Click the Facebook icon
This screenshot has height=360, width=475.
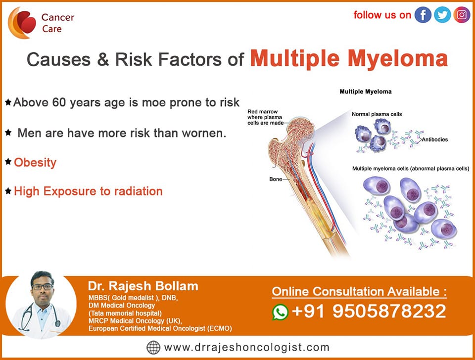(423, 14)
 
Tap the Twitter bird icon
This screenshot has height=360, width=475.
(442, 14)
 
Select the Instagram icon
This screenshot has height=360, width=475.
(462, 14)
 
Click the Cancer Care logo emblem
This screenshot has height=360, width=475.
(22, 23)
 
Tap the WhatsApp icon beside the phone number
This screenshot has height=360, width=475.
(280, 312)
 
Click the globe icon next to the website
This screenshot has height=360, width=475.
(153, 347)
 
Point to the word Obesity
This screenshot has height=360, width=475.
(35, 163)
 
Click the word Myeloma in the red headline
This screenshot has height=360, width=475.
(398, 58)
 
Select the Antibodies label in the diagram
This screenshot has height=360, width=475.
(435, 139)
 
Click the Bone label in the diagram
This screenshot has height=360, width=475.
(276, 179)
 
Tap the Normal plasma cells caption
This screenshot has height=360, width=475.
(377, 114)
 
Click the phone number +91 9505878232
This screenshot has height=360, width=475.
(369, 311)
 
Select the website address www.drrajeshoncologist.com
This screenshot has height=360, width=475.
(246, 347)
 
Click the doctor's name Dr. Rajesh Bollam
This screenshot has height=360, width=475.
(143, 286)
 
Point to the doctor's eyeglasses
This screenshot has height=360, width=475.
(43, 287)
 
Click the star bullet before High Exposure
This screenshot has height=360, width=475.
(8, 191)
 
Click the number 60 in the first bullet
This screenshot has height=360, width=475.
(59, 102)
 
